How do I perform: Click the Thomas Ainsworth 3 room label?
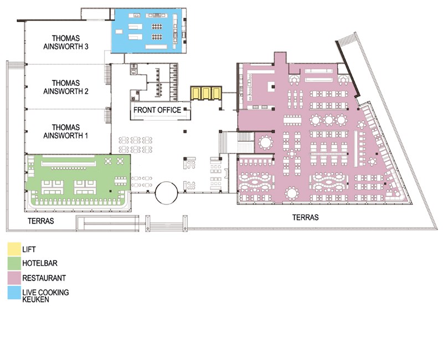point(66,43)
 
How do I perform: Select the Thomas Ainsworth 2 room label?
point(66,87)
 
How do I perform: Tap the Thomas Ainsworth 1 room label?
point(66,131)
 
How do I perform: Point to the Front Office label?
point(157,110)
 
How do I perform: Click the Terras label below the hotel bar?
point(41,220)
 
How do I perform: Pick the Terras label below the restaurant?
point(306,217)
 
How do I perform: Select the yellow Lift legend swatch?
point(14,249)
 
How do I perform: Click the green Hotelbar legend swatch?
point(14,263)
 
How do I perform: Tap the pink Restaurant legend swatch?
point(14,278)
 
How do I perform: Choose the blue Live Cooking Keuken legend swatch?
point(14,292)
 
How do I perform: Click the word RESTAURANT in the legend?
point(44,278)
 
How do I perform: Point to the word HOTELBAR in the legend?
point(40,264)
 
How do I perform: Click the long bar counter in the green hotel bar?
point(69,163)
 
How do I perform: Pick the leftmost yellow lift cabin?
point(195,93)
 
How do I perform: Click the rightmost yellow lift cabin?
point(216,93)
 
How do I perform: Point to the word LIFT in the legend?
point(29,250)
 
